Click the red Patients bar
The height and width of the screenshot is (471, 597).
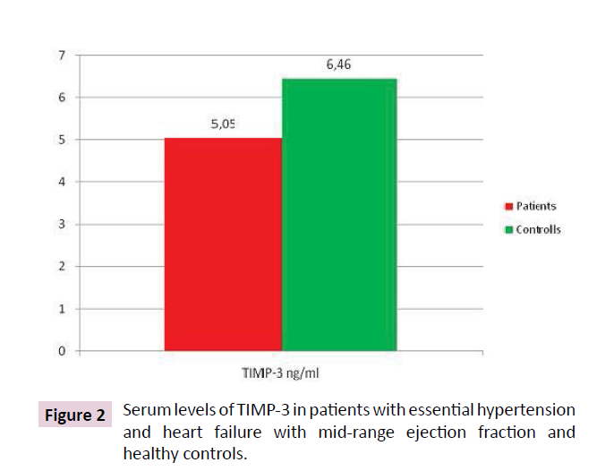click(x=224, y=244)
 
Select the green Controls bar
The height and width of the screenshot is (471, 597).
click(x=339, y=215)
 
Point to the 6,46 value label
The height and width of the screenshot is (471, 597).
click(x=338, y=66)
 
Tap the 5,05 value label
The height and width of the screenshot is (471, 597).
click(x=224, y=125)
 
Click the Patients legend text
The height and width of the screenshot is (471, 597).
click(x=536, y=206)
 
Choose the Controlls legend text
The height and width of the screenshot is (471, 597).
click(x=539, y=229)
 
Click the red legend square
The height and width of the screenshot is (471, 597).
click(x=509, y=207)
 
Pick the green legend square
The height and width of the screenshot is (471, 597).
click(x=509, y=230)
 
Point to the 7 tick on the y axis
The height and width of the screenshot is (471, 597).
click(x=62, y=56)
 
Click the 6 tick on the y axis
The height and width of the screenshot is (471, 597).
click(x=62, y=98)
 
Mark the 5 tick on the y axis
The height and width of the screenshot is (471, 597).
click(x=62, y=140)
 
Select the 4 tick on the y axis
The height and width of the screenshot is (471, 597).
click(x=62, y=182)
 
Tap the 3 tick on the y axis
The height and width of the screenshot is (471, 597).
click(x=62, y=224)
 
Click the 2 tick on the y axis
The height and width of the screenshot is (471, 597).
click(x=62, y=266)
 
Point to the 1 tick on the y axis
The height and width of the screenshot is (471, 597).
click(x=62, y=309)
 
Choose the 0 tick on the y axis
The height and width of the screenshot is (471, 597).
click(x=62, y=351)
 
